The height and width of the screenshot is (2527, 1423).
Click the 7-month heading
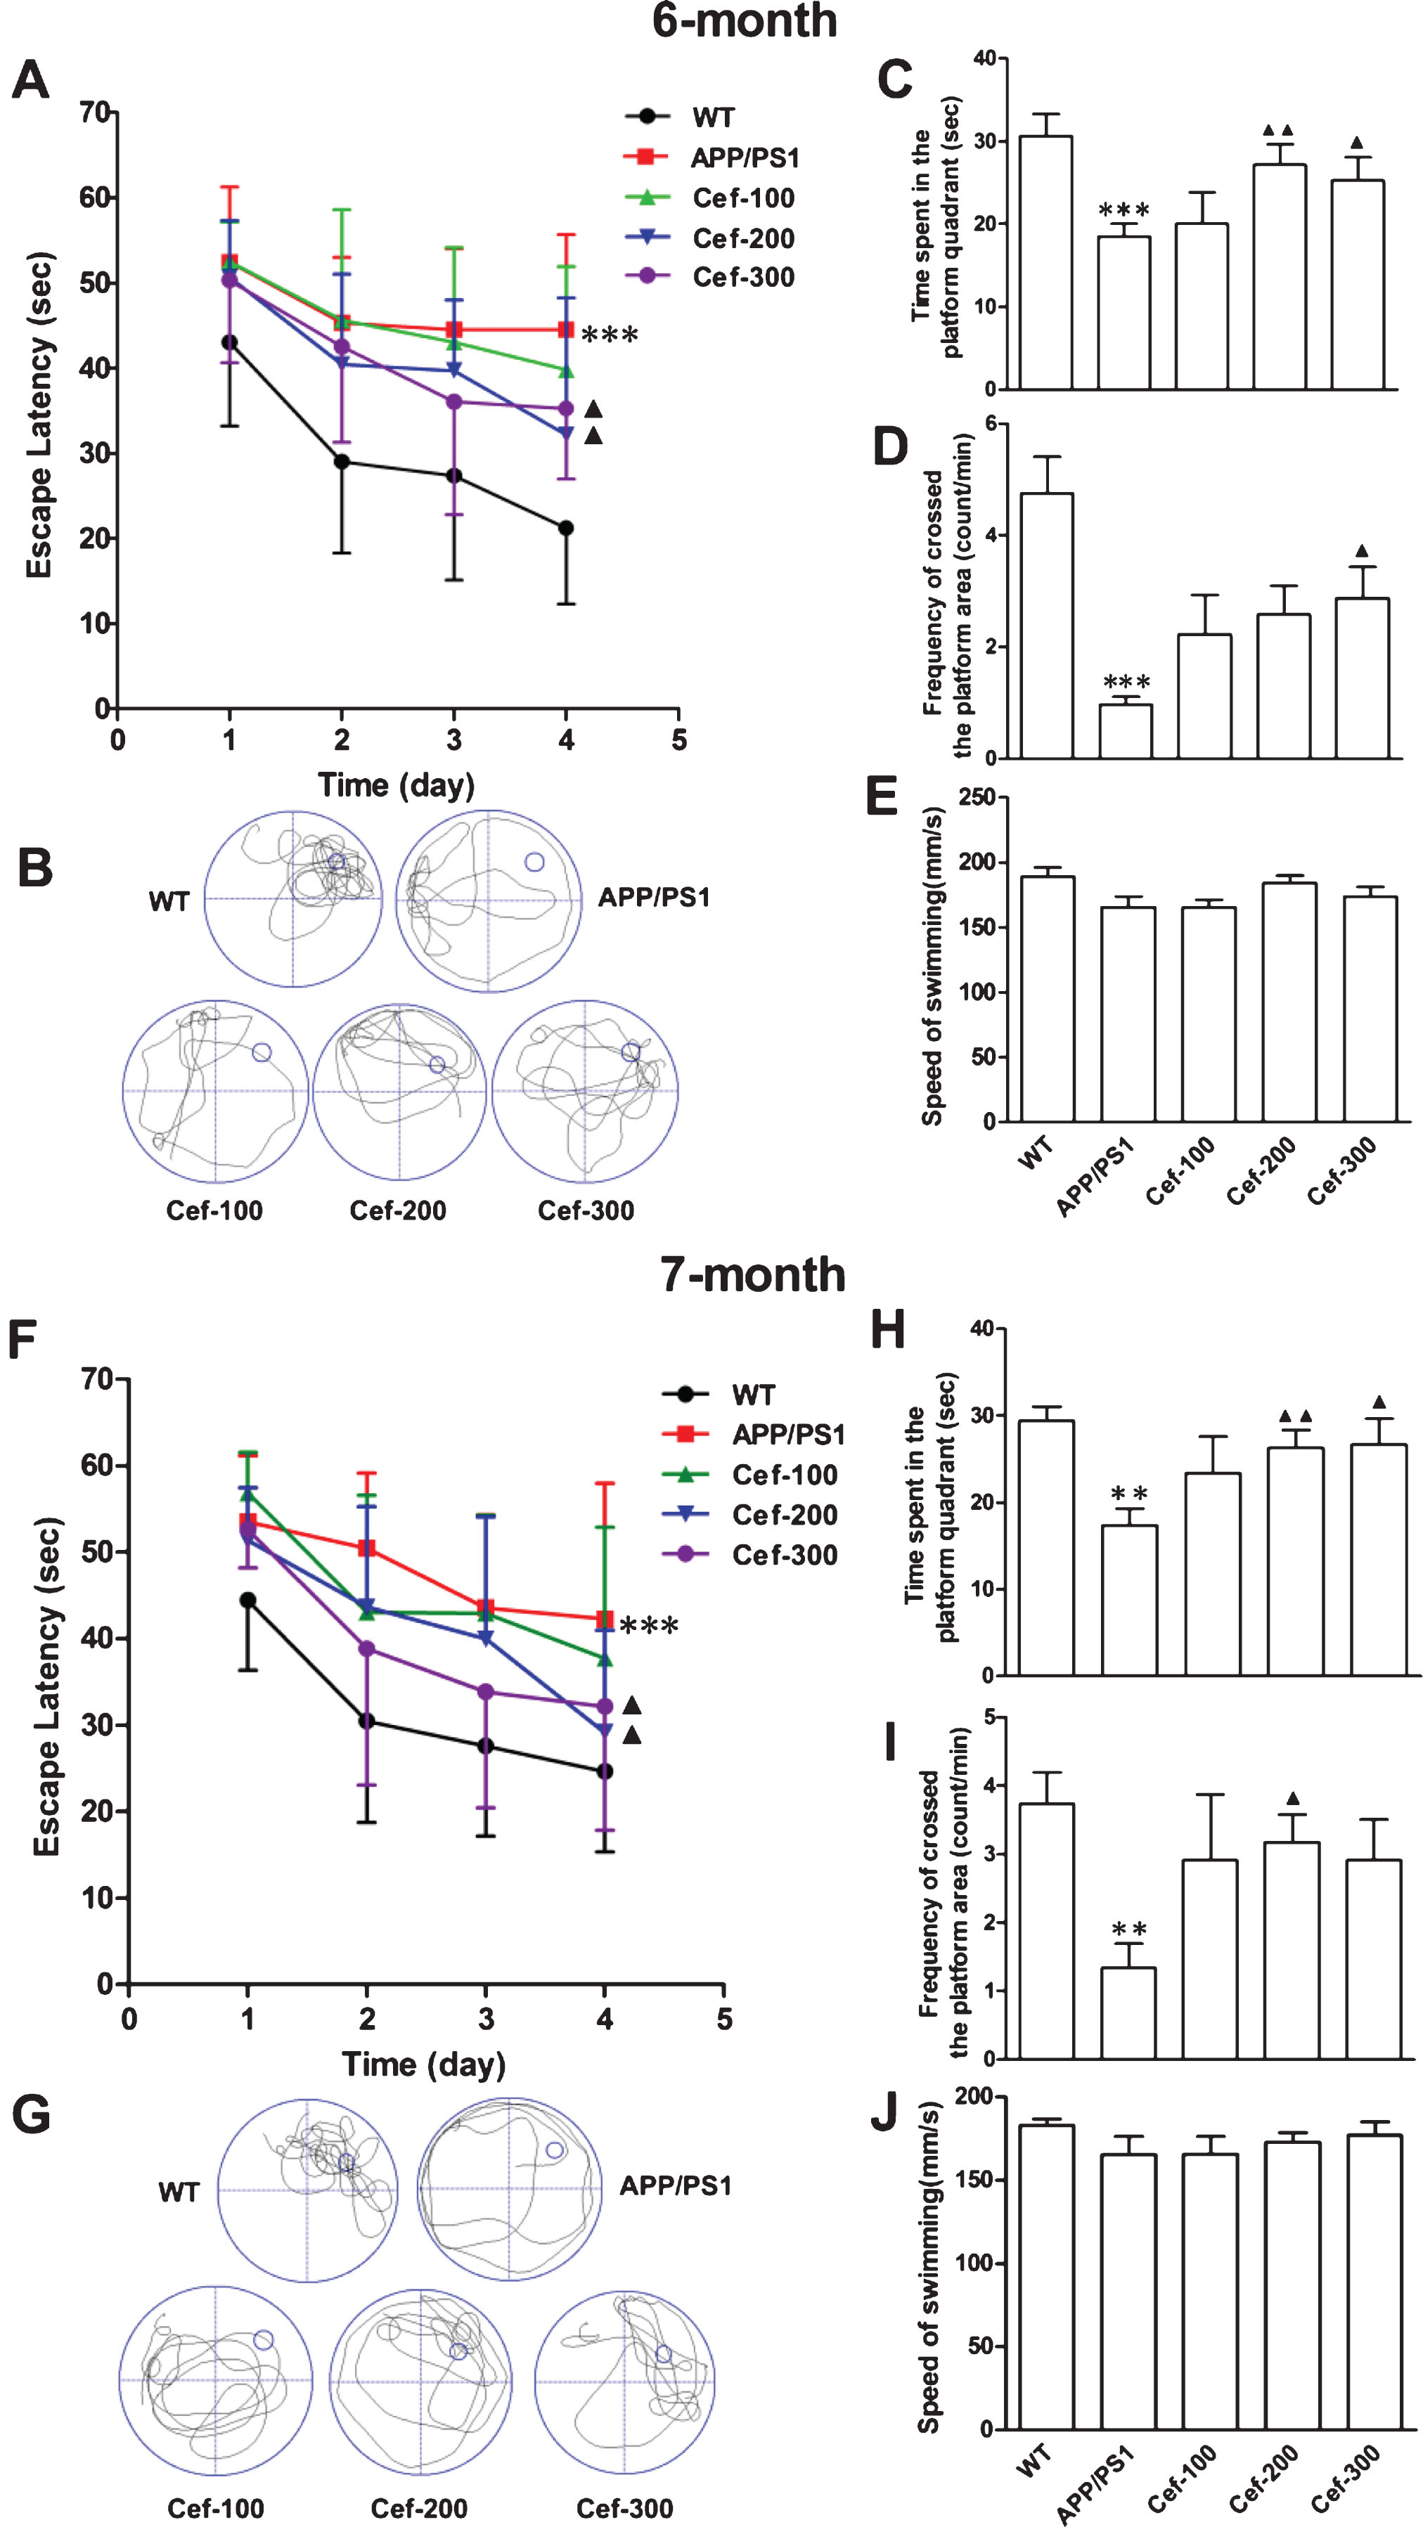[x=753, y=1274]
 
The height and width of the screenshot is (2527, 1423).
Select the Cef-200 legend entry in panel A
[x=709, y=238]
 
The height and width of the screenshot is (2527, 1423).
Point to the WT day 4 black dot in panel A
[x=566, y=528]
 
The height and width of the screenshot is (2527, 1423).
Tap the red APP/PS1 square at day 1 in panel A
[x=230, y=262]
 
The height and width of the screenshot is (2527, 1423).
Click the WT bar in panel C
[x=1046, y=263]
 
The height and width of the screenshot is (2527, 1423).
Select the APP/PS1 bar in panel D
[x=1126, y=731]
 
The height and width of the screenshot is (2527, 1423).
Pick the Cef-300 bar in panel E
[x=1370, y=1009]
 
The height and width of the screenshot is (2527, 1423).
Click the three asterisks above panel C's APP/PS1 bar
[x=1125, y=210]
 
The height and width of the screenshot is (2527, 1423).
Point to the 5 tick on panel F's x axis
[x=724, y=2019]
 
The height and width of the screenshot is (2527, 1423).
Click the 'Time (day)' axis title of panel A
[x=397, y=784]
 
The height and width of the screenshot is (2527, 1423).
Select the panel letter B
[x=35, y=867]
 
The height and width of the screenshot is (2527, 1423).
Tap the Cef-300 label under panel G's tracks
[x=624, y=2508]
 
